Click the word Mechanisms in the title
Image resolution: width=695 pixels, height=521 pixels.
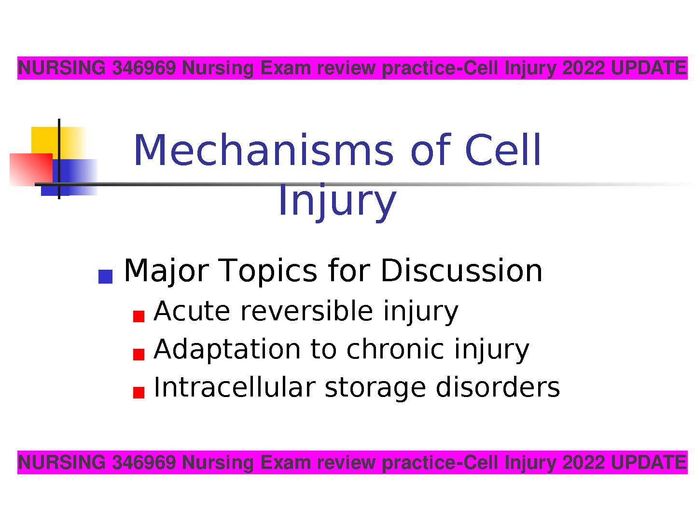coord(264,150)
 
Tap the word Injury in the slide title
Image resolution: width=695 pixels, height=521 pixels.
coord(337,202)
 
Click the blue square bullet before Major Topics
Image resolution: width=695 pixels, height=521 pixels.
coord(105,276)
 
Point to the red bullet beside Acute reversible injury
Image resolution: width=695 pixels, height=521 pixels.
coord(139,316)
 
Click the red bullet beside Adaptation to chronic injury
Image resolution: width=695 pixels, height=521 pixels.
coord(139,355)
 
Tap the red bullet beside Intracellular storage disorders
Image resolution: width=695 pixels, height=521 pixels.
coord(139,393)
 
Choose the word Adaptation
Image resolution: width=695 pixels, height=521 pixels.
coord(227,350)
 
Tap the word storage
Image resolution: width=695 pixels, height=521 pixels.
coord(375,389)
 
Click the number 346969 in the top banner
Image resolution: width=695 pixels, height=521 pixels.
coord(144,68)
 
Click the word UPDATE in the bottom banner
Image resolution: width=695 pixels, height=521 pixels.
coord(648,463)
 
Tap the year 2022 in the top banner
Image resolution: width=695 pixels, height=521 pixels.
coord(583,68)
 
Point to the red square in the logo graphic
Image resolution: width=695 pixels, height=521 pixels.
coord(31,169)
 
